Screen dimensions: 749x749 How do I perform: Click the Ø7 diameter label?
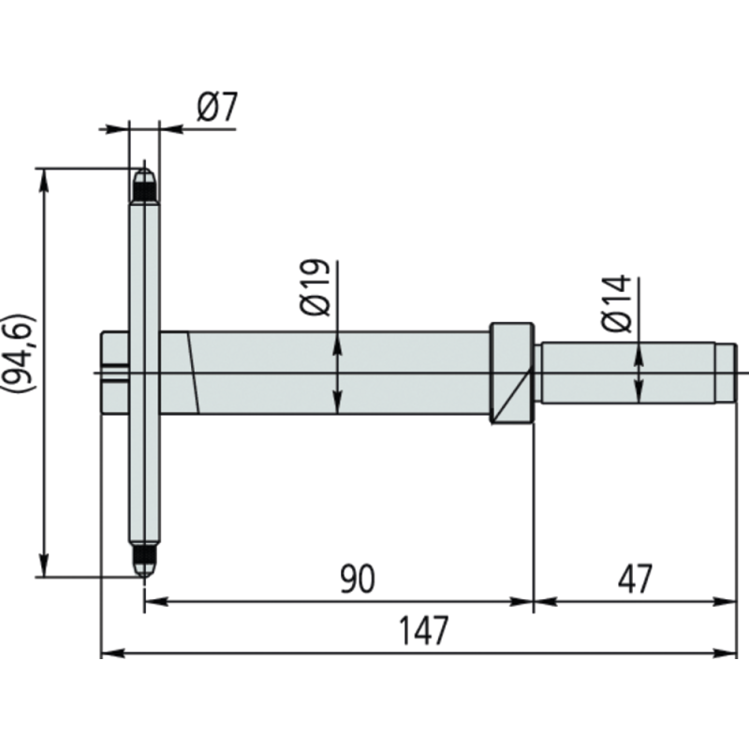pos(217,109)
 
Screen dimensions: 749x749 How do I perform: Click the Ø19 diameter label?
pos(316,287)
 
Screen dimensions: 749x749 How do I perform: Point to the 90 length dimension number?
pos(357,580)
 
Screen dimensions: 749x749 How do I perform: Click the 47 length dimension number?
pos(635,580)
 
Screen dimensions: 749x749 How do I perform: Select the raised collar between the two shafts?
pos(511,373)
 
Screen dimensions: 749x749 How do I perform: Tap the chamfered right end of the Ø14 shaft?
pos(729,373)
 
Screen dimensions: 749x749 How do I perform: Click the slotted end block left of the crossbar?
pos(113,373)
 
